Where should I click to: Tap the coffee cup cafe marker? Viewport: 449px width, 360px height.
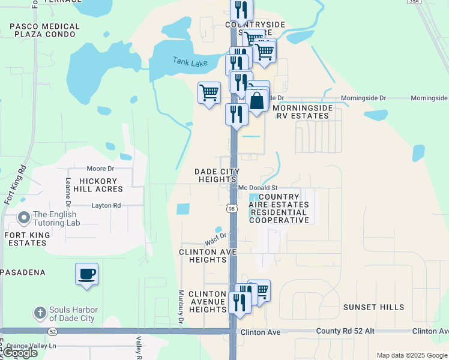pos(86,274)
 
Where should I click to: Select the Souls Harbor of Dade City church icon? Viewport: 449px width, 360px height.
pos(40,313)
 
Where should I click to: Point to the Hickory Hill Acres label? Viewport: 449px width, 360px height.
pos(93,184)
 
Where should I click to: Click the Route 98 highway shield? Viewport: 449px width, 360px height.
pos(232,208)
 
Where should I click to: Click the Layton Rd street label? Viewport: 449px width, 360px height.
pos(106,205)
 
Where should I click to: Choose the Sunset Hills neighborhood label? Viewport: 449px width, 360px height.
pos(374,307)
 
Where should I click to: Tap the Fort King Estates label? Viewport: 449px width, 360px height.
pos(25,239)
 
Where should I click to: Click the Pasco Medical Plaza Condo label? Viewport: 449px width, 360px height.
pos(44,31)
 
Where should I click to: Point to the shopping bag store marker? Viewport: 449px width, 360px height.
pos(256,101)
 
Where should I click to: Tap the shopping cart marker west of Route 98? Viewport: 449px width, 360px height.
pos(209,93)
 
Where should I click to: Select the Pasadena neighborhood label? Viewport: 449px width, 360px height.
pos(23,272)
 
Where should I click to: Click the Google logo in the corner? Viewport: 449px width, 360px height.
pos(20,353)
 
